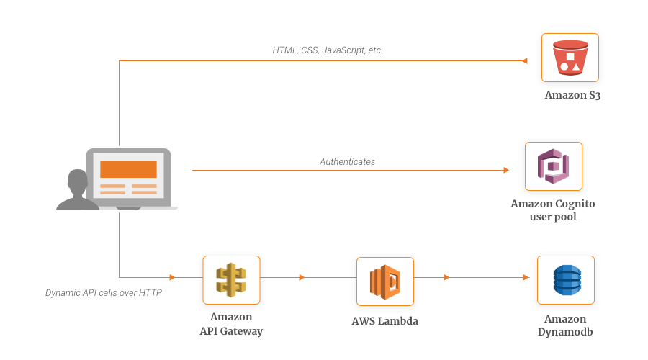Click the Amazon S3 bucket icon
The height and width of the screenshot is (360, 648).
click(x=570, y=58)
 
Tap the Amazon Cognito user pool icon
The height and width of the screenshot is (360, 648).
click(x=553, y=166)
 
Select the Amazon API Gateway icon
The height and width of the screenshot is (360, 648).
click(x=231, y=280)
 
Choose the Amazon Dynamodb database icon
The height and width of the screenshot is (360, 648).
click(x=565, y=280)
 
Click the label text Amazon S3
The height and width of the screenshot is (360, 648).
click(x=572, y=95)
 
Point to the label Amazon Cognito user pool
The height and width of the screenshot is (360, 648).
click(x=553, y=210)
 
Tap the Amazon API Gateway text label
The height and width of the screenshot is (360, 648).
click(x=231, y=325)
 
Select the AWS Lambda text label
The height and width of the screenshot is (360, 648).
click(x=384, y=321)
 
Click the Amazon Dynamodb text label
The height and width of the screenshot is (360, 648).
click(x=565, y=325)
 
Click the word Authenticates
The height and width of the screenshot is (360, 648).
click(x=347, y=162)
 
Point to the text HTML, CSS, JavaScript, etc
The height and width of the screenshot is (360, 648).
click(x=329, y=51)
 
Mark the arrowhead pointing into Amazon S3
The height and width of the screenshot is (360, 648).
click(x=525, y=61)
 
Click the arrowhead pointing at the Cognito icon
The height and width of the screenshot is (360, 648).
click(x=506, y=170)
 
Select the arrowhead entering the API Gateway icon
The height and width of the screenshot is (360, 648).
click(x=172, y=277)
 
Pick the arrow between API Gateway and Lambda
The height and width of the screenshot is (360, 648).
click(x=302, y=277)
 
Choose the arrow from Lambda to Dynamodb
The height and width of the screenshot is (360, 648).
click(x=447, y=277)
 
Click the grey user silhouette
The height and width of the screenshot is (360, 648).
click(x=76, y=191)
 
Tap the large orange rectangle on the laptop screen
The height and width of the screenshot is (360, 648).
click(x=128, y=169)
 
